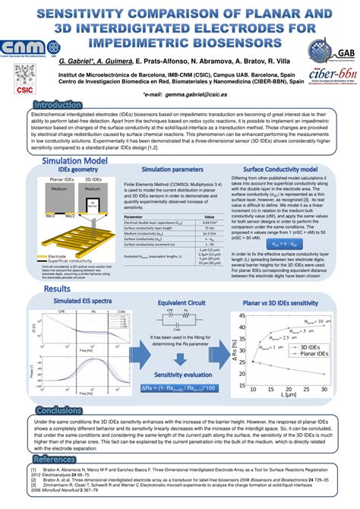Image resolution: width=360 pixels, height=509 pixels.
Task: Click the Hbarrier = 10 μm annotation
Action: point(314,322)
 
